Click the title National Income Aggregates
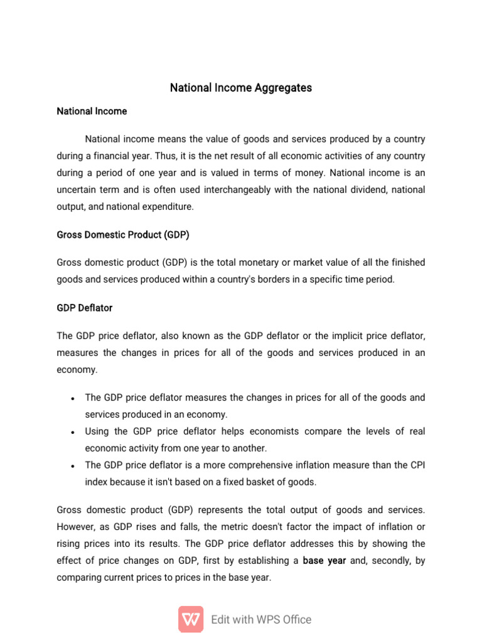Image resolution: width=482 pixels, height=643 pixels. coord(241,88)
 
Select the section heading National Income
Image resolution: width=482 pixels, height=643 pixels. coord(92,111)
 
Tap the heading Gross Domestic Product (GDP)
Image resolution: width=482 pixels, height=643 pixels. coord(123,235)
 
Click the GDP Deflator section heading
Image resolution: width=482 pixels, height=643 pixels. coord(85,308)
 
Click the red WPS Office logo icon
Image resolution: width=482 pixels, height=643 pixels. coord(191,619)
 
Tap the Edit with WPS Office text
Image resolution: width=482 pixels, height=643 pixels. coord(261,619)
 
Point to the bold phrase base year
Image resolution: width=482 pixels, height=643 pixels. coord(324,561)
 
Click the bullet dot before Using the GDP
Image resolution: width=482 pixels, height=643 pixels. coord(73,433)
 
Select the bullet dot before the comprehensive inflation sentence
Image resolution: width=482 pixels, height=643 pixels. coord(73,466)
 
